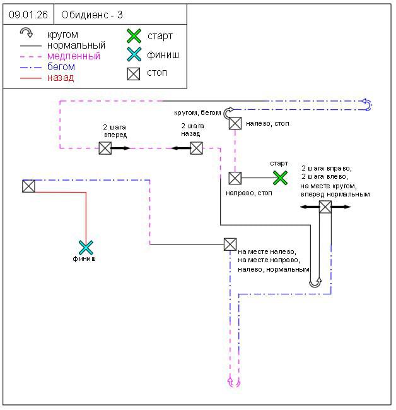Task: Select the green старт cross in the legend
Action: coord(134,36)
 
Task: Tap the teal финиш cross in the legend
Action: coord(134,55)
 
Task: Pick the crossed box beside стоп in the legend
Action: coord(134,73)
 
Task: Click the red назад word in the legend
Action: coord(61,78)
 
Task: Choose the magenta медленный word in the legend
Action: coord(73,56)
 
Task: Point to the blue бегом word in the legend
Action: coord(61,67)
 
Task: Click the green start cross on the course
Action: coord(280,178)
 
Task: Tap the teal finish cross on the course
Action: coord(86,247)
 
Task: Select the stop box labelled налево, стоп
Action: coord(235,123)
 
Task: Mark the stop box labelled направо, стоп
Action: coord(235,178)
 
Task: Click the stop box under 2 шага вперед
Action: coord(105,148)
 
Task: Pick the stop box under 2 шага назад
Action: coord(196,148)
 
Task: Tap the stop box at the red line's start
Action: coord(28,186)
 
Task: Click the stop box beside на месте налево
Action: coord(230,244)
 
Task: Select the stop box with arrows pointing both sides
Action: coord(325,207)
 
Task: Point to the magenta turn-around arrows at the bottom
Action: coord(234,382)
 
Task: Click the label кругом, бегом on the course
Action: coord(198,112)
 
